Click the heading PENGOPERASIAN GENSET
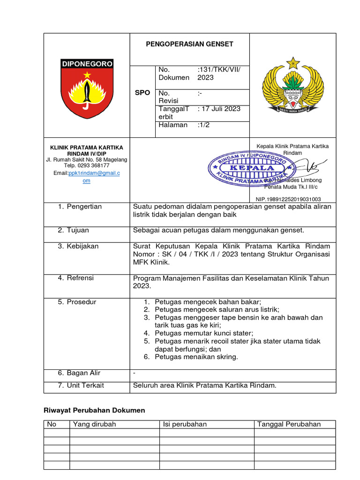click(189, 44)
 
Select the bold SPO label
click(142, 93)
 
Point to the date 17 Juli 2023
click(220, 109)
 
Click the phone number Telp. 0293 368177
click(87, 165)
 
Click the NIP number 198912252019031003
click(288, 199)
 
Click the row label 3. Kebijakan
click(78, 246)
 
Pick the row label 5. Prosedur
click(77, 302)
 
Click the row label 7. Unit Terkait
click(81, 385)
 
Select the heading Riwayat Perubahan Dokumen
click(94, 410)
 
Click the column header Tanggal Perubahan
click(289, 424)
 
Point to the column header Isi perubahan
click(185, 424)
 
